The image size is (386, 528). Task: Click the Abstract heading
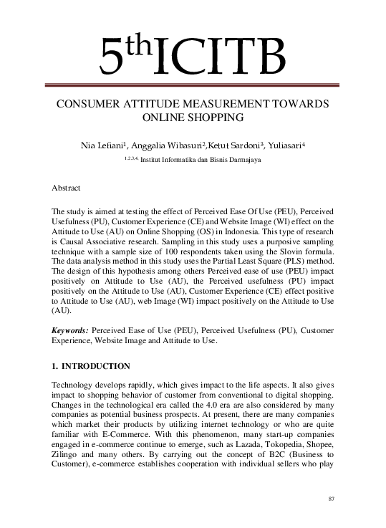(x=66, y=187)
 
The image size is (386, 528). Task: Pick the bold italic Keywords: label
(x=70, y=332)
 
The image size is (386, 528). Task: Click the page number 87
(x=330, y=499)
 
